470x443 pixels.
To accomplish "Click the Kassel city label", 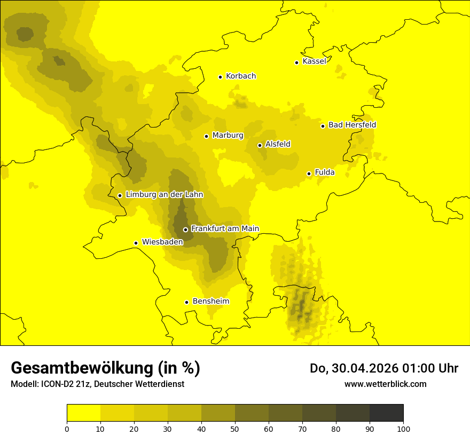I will (314, 61).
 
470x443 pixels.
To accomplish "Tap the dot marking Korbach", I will (220, 77).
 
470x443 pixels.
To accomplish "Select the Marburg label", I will (228, 136).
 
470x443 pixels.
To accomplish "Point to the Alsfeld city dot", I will (260, 145).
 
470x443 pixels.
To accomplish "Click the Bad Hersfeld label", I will (352, 125).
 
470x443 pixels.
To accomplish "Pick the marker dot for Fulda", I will (309, 173).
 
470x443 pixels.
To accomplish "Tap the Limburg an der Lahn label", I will (164, 195).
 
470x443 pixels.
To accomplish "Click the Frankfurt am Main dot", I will (185, 230).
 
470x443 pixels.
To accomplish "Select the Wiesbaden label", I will (162, 242).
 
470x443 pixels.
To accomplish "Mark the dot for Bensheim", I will (186, 302).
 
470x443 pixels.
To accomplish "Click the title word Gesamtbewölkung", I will (83, 368).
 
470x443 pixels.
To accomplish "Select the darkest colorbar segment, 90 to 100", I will (386, 413).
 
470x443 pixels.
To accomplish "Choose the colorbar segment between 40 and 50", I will (218, 413).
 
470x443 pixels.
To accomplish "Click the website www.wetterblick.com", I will (386, 384).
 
